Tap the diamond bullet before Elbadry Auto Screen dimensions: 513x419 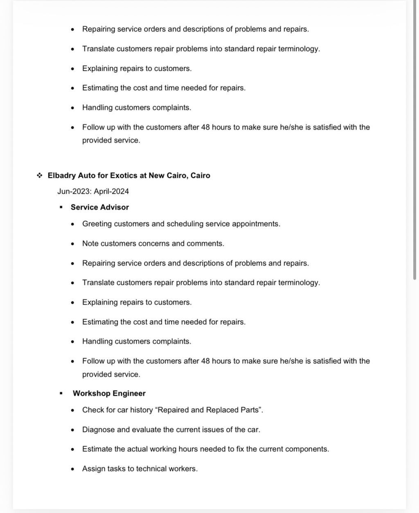(x=40, y=176)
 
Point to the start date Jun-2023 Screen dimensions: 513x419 (x=74, y=191)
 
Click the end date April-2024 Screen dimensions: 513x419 (x=111, y=191)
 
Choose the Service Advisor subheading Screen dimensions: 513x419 (x=100, y=207)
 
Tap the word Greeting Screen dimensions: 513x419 (x=97, y=224)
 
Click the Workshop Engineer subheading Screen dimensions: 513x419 (x=109, y=393)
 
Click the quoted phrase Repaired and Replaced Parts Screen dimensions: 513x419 (x=209, y=410)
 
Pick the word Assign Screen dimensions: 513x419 (x=94, y=469)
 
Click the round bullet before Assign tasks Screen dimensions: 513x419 (x=73, y=469)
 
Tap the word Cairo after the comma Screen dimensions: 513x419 (x=200, y=176)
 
